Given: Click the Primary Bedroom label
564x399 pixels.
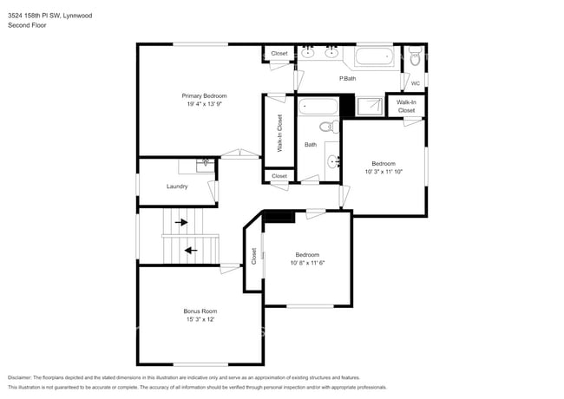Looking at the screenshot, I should pyautogui.click(x=204, y=95).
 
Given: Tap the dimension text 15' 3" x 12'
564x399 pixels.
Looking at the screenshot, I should pyautogui.click(x=200, y=319).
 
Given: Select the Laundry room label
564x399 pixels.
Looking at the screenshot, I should pyautogui.click(x=177, y=186).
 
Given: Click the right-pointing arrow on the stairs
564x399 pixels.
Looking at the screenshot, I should pyautogui.click(x=181, y=223).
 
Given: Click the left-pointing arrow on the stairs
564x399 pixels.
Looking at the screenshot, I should pyautogui.click(x=190, y=251).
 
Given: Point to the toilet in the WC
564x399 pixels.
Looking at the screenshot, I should pyautogui.click(x=416, y=60).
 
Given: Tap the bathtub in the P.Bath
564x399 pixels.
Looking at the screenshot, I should pyautogui.click(x=375, y=60).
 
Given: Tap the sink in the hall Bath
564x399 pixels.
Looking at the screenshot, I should pyautogui.click(x=333, y=160).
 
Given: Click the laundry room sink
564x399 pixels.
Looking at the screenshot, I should pyautogui.click(x=206, y=162).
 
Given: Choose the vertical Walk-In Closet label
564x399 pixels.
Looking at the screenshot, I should pyautogui.click(x=280, y=134).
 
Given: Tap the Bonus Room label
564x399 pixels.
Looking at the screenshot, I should pyautogui.click(x=200, y=311).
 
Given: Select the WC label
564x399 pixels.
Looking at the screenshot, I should pyautogui.click(x=415, y=83).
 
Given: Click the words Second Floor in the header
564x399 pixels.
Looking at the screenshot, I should pyautogui.click(x=27, y=25).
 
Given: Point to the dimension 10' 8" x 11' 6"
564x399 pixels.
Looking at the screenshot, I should pyautogui.click(x=307, y=262).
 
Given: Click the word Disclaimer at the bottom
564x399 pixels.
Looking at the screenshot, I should pyautogui.click(x=19, y=377).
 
